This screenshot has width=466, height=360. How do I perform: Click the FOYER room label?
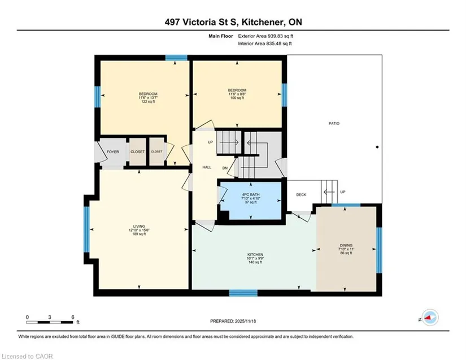tap(112, 151)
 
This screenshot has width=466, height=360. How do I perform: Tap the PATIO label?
tap(334, 123)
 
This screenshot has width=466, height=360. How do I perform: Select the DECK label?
tap(301, 195)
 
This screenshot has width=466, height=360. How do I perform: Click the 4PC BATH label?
tap(251, 195)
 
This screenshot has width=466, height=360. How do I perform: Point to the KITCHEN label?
tap(255, 255)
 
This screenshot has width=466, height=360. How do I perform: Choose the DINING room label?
tap(346, 245)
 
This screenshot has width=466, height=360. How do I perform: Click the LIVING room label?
tap(139, 226)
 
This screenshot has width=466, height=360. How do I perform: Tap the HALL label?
tap(207, 167)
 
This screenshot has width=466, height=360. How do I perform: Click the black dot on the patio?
tap(377, 147)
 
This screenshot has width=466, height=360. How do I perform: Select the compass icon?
tap(430, 318)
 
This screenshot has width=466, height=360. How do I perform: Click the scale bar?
tap(50, 322)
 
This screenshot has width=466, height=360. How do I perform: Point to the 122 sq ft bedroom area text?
tap(148, 102)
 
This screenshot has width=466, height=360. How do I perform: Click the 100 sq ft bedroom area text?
tap(237, 98)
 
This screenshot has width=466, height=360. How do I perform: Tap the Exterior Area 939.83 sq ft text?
tap(265, 36)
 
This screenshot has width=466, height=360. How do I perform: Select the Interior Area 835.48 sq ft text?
tap(265, 44)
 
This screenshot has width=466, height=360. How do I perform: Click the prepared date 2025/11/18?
tap(245, 321)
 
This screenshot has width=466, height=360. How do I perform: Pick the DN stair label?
tap(225, 168)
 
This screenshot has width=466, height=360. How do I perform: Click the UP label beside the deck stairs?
tap(343, 192)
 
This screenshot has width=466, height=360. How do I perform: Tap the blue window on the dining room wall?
tap(379, 250)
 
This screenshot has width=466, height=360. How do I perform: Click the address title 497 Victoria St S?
tap(202, 22)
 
